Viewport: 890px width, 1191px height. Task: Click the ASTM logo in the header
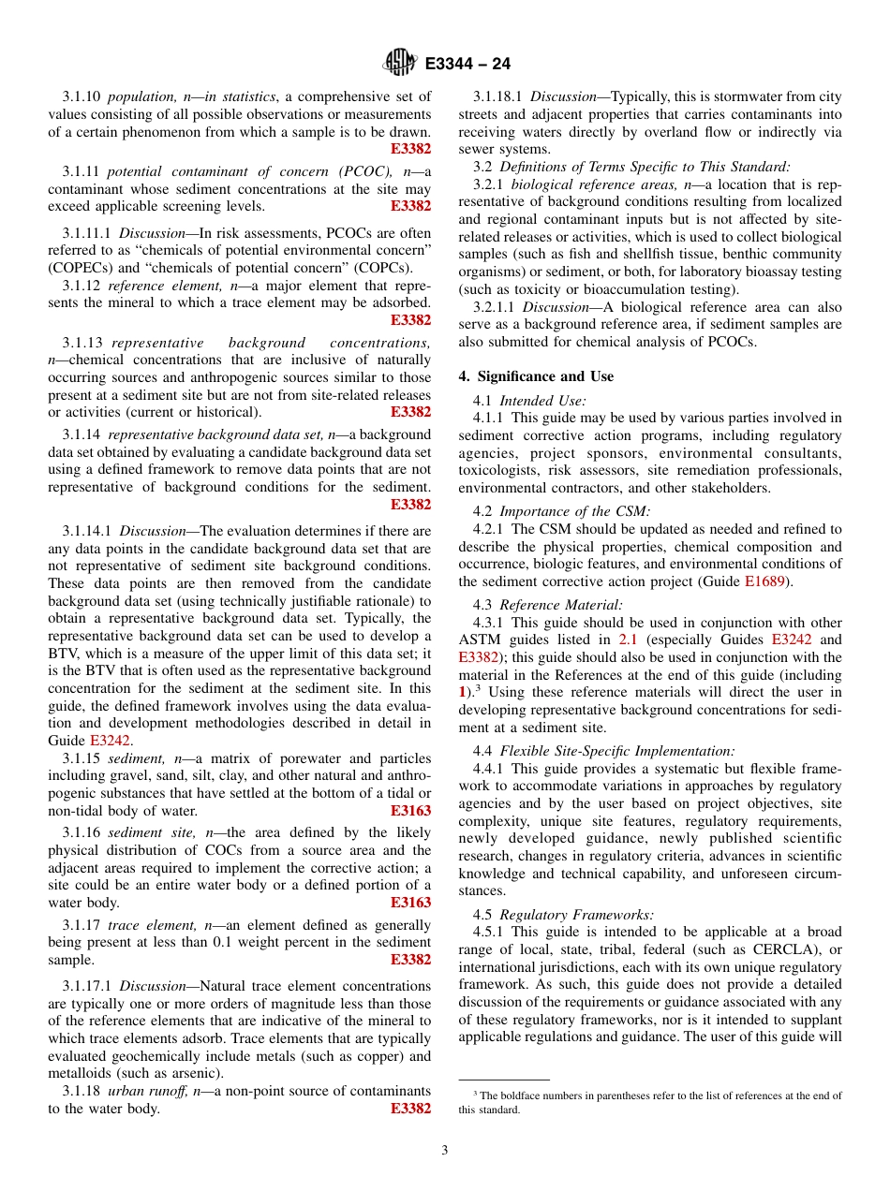click(399, 64)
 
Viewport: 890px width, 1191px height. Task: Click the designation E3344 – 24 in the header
click(467, 65)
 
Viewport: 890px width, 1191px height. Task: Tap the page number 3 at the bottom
click(445, 1151)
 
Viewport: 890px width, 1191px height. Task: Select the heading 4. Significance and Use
click(536, 376)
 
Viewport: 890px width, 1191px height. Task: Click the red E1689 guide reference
click(763, 581)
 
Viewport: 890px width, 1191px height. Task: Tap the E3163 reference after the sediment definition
click(410, 812)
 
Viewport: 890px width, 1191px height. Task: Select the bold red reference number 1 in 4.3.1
click(462, 692)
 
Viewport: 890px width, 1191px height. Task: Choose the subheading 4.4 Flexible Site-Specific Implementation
click(616, 751)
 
